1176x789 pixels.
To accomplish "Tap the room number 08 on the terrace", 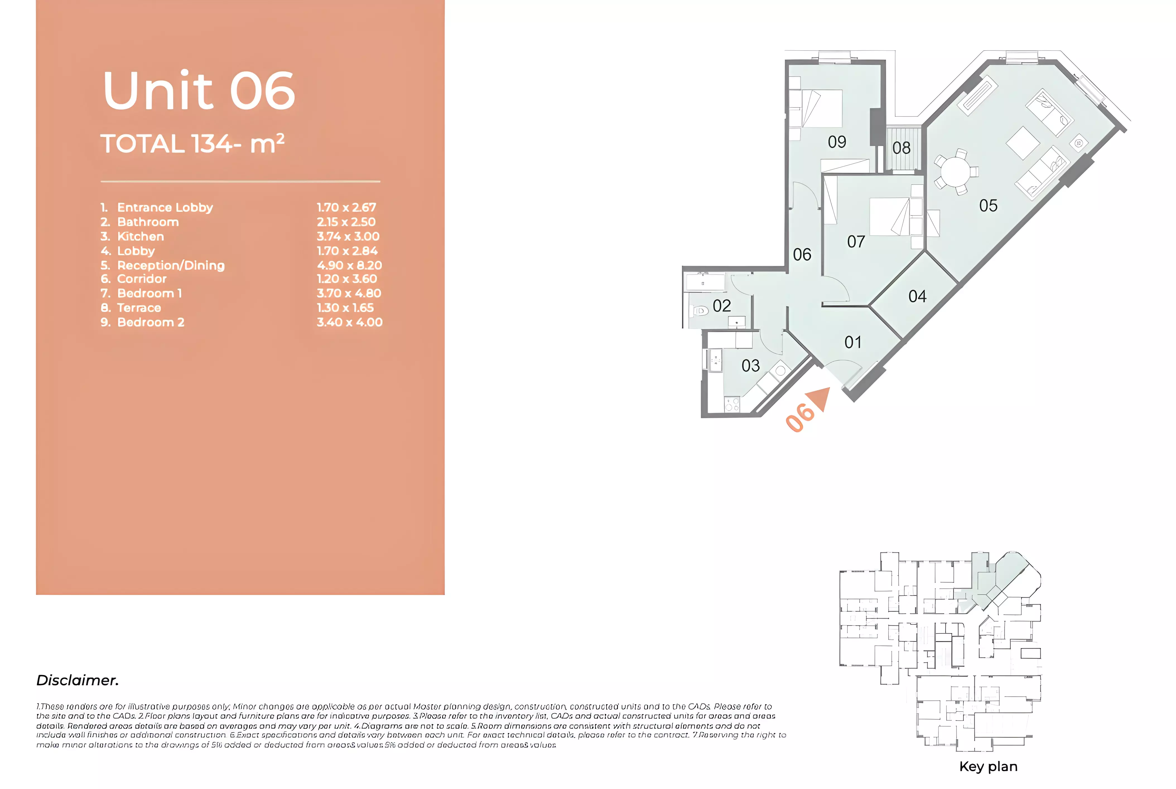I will point(901,148).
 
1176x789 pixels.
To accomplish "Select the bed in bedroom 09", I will point(821,108).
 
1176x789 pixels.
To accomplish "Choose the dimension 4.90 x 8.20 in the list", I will point(349,265).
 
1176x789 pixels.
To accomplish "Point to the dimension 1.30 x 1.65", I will point(345,308).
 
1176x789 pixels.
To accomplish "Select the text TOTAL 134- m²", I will point(192,144).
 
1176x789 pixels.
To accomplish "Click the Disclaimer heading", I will point(78,680).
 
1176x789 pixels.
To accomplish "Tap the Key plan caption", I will point(988,766).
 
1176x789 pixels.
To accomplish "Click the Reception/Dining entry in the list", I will point(171,265).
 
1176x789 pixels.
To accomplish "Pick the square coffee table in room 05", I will point(1022,143).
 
